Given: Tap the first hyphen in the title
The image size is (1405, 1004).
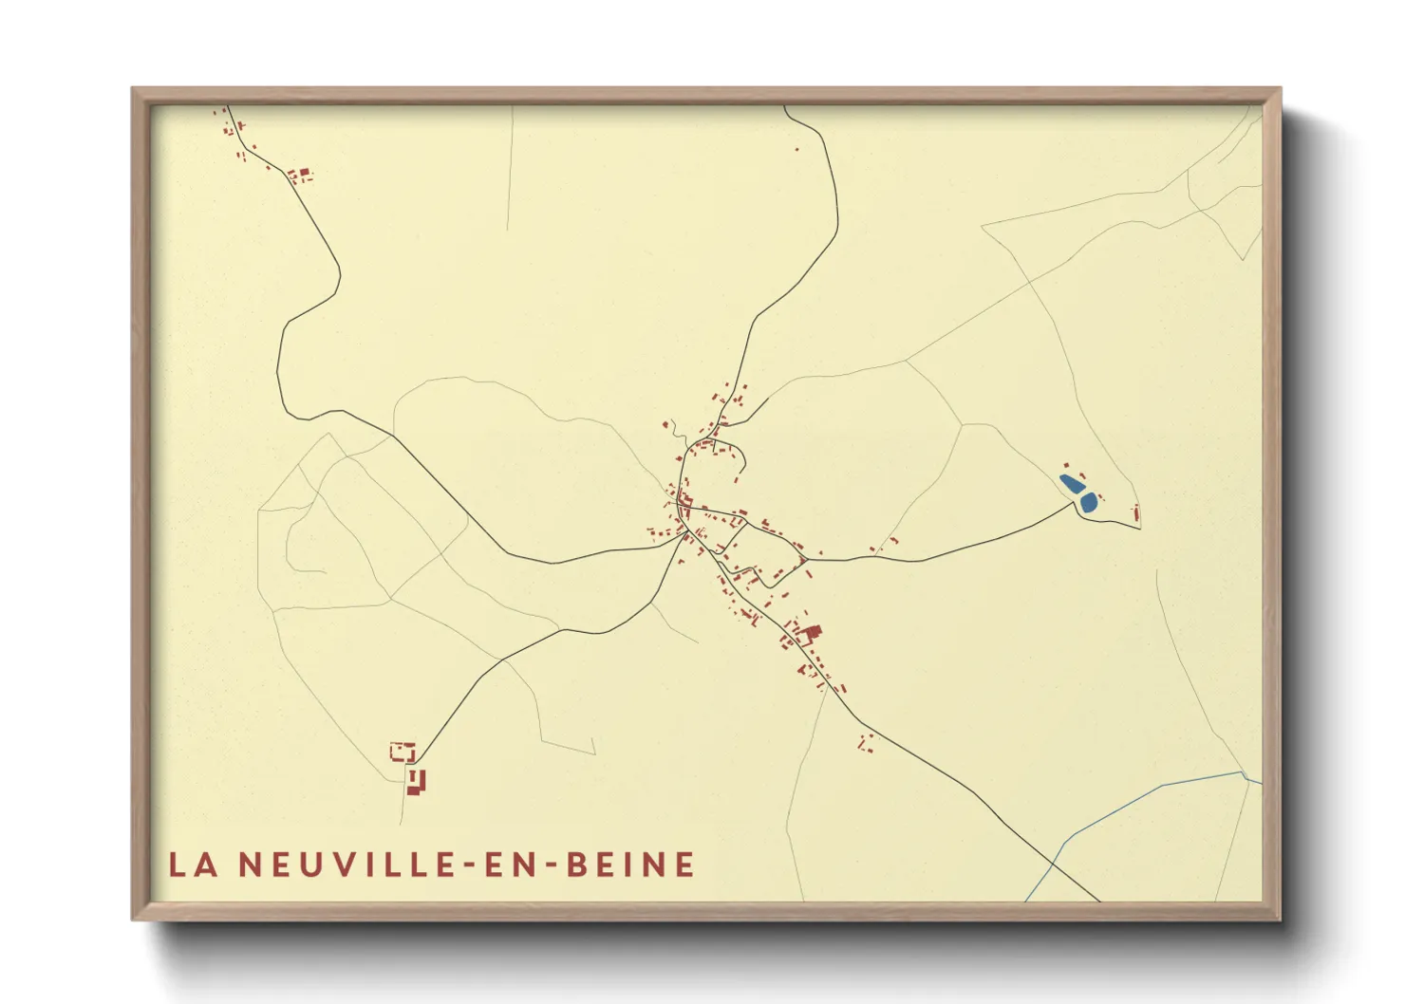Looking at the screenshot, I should (x=467, y=865).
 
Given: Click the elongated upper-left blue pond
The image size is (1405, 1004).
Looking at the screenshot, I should (x=1070, y=484).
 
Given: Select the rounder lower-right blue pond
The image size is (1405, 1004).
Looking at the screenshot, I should (x=1088, y=502).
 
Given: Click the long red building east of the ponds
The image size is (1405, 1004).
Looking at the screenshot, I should (x=1136, y=514).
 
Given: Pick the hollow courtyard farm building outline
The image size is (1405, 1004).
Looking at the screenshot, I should (x=403, y=753).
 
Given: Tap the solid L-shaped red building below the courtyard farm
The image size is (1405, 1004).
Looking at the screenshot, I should (x=416, y=782).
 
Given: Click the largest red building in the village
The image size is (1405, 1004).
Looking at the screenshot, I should (x=811, y=633).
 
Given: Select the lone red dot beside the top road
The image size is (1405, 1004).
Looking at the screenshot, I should (x=796, y=149).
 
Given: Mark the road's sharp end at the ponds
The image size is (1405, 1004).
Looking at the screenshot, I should (x=1074, y=503).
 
